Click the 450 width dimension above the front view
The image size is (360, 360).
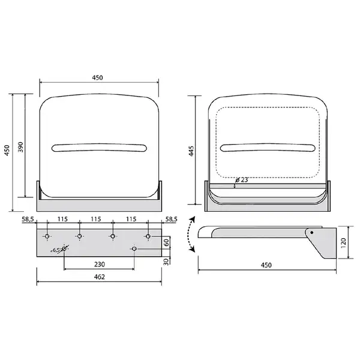[98, 77]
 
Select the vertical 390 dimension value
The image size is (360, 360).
[20, 147]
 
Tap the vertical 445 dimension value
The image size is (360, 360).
[191, 151]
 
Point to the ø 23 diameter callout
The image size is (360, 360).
[242, 180]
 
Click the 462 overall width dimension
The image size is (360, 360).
[100, 277]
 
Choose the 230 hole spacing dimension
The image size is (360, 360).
[100, 264]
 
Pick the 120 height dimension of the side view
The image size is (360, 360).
[344, 243]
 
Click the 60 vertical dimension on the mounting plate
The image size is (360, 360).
[166, 242]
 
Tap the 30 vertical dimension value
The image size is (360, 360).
[166, 262]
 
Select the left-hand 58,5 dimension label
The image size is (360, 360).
[28, 219]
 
